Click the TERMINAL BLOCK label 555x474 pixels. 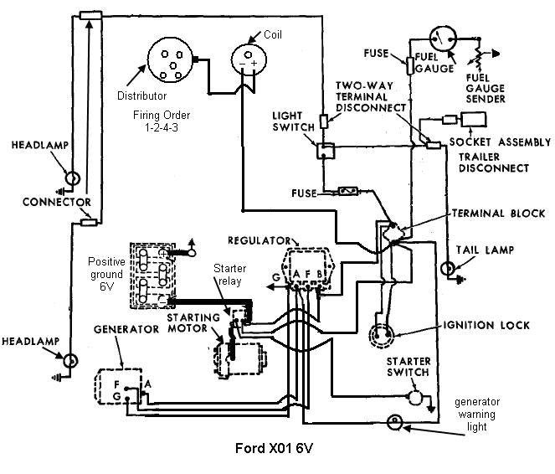click(494, 213)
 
